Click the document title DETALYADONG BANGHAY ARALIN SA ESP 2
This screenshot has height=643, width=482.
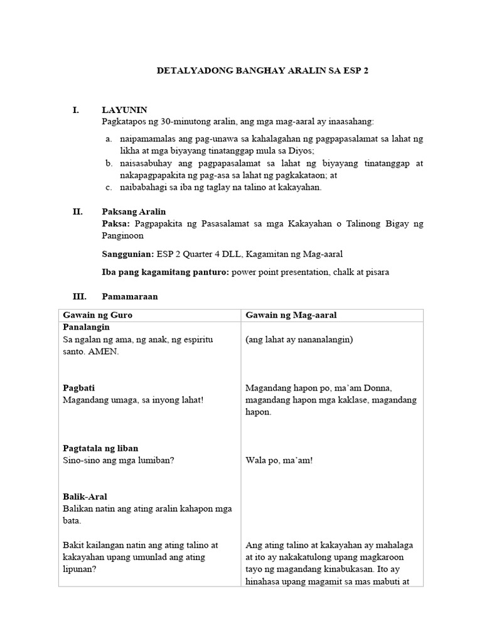(262, 72)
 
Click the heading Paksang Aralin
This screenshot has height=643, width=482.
(134, 212)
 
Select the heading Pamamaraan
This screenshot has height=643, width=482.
(129, 296)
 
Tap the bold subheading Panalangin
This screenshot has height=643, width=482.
(87, 327)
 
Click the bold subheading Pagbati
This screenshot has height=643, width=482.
(78, 387)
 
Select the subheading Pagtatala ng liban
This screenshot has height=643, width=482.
(101, 448)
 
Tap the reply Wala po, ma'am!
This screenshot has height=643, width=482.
(279, 460)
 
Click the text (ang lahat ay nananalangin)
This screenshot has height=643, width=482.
(300, 340)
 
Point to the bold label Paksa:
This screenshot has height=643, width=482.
(115, 224)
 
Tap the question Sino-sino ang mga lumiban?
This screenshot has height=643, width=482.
(119, 460)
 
